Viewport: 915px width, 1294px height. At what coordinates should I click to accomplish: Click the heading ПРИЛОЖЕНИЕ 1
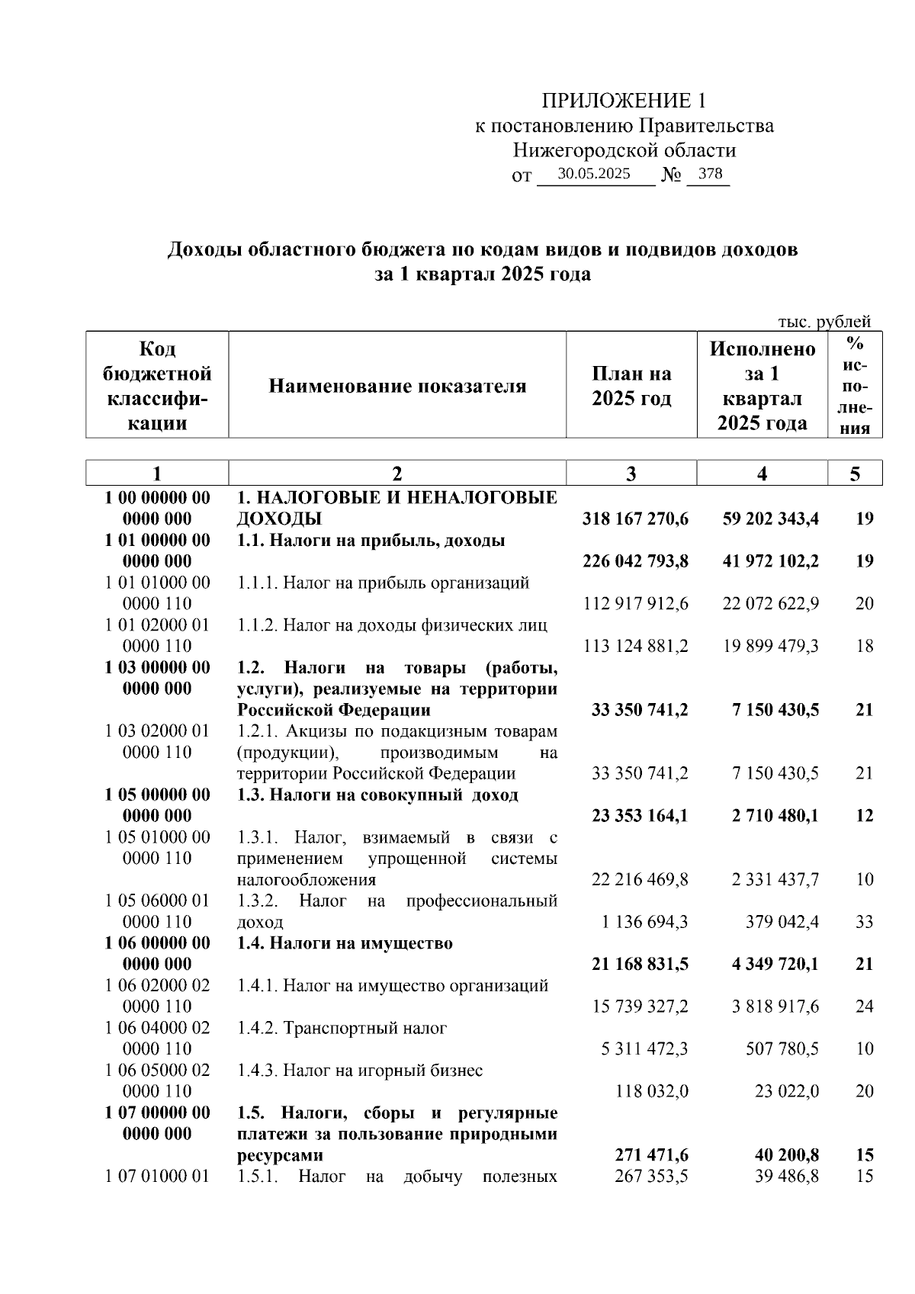[624, 101]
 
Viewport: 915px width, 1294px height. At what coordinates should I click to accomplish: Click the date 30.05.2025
[594, 174]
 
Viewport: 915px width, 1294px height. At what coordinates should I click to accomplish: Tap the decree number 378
[710, 174]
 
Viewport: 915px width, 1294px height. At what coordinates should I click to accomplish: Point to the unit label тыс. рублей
[823, 322]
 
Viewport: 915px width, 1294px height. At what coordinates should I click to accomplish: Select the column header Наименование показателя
[397, 386]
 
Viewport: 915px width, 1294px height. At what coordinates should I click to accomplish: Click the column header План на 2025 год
[631, 386]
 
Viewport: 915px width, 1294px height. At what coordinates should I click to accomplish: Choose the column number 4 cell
[762, 474]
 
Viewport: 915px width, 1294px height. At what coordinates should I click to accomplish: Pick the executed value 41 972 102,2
[770, 562]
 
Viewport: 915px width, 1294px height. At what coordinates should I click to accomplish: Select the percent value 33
[864, 922]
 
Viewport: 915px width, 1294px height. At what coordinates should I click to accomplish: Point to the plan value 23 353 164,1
[639, 816]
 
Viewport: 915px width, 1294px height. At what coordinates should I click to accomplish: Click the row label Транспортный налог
[364, 1028]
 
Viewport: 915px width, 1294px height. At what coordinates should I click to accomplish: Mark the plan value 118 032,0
[652, 1091]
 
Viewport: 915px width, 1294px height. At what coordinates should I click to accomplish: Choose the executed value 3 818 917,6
[775, 1007]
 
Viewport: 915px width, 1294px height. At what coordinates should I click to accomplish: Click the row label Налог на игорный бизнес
[383, 1071]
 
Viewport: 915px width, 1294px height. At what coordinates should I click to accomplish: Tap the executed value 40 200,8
[787, 1155]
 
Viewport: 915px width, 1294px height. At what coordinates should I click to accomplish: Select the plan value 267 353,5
[651, 1177]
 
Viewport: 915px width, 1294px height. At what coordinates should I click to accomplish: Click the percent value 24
[864, 1007]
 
